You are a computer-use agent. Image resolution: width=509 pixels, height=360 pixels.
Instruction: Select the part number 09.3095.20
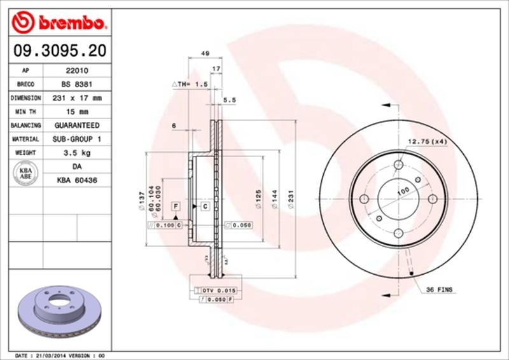click(x=57, y=50)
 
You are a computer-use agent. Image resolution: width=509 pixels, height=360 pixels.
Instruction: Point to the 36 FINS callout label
click(x=439, y=289)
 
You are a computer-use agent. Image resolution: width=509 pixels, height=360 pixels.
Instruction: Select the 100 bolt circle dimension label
click(x=403, y=191)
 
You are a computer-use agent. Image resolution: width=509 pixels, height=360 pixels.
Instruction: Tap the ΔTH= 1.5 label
click(x=190, y=84)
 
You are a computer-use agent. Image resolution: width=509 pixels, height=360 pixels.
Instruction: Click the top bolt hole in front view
click(x=398, y=164)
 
